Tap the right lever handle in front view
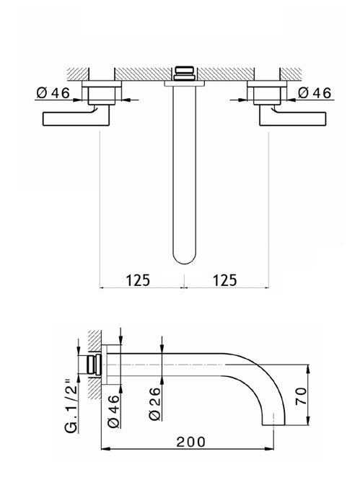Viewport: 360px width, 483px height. click(294, 117)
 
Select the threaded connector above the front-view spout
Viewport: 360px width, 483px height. click(185, 73)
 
